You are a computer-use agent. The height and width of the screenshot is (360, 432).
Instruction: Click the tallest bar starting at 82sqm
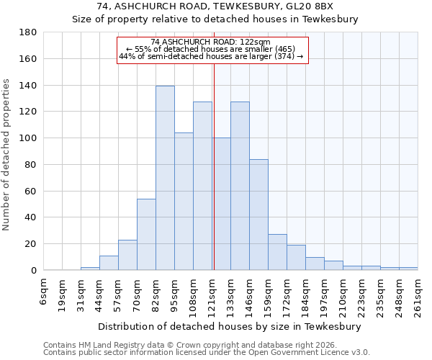(165, 178)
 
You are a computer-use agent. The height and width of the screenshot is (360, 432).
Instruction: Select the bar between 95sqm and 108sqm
(184, 201)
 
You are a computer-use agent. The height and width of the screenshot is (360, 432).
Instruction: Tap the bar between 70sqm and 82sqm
(146, 234)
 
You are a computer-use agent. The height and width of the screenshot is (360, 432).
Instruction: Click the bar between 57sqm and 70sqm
(127, 255)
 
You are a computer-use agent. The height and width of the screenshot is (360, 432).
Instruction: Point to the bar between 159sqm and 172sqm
(277, 252)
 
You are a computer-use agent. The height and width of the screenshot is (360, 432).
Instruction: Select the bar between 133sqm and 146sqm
(240, 186)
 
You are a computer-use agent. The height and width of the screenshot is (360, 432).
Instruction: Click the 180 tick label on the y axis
(28, 32)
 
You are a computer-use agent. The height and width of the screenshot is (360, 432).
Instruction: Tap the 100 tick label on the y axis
(28, 138)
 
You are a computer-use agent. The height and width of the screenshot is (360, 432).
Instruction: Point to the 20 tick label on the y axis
(31, 244)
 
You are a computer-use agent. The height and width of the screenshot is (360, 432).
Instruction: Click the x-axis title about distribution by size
(230, 326)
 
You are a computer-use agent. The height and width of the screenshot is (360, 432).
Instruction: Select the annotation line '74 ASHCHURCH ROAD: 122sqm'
(211, 42)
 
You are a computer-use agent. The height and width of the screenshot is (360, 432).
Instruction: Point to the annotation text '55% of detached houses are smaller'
(211, 49)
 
